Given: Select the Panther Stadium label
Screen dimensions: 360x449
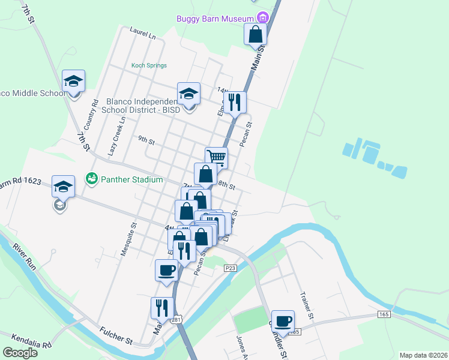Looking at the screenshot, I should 131,179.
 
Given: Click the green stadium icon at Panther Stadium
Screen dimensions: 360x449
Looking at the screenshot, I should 91,178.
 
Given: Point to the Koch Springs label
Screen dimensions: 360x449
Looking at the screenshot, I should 149,65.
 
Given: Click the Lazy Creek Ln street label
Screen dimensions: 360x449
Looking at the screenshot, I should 116,137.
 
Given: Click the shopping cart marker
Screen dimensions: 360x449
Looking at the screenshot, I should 216,158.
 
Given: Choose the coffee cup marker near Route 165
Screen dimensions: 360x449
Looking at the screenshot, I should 283,321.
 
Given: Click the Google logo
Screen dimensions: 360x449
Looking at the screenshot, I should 19,353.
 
